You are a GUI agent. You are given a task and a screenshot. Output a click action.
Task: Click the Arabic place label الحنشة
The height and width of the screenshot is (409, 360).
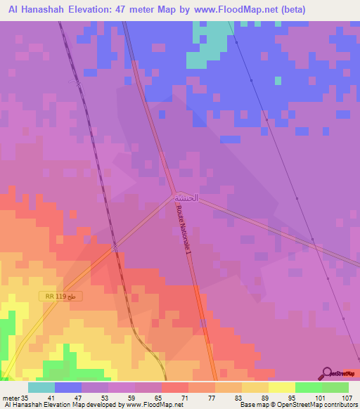point(186,198)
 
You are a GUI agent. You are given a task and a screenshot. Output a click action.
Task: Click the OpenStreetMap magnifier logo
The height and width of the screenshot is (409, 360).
point(328,372)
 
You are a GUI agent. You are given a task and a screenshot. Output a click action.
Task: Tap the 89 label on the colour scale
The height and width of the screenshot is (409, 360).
point(263,397)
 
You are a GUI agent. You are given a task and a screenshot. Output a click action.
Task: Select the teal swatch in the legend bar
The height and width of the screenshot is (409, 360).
point(41,387)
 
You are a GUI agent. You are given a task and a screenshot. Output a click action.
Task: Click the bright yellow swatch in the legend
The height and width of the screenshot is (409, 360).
point(282,387)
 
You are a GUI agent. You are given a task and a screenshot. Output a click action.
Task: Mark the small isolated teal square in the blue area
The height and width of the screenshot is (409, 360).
point(278,80)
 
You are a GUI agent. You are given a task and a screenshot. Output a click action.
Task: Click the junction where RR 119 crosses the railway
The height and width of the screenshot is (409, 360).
point(115,247)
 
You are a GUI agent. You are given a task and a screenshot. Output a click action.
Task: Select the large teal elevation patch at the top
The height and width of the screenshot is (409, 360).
point(211,42)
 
